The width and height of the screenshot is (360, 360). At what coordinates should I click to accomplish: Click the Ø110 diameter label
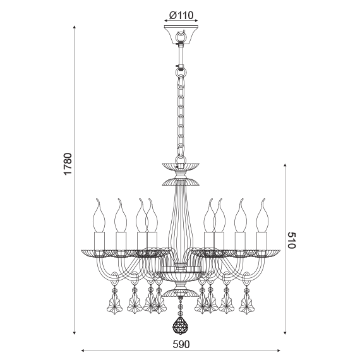pos(181,15)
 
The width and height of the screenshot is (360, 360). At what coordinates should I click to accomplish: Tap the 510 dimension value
pos(291,240)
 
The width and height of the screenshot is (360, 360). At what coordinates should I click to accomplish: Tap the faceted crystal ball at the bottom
pos(181,327)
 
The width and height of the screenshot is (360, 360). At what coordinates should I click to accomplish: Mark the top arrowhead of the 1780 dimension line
pos(75,28)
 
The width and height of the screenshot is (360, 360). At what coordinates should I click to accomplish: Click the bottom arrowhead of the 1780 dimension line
pos(75,333)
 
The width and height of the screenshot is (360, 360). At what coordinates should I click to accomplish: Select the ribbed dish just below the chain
pos(181,166)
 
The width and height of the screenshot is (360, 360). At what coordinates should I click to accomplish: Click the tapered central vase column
pos(181,221)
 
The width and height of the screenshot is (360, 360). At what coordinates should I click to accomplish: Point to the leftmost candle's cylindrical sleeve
pos(99,241)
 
